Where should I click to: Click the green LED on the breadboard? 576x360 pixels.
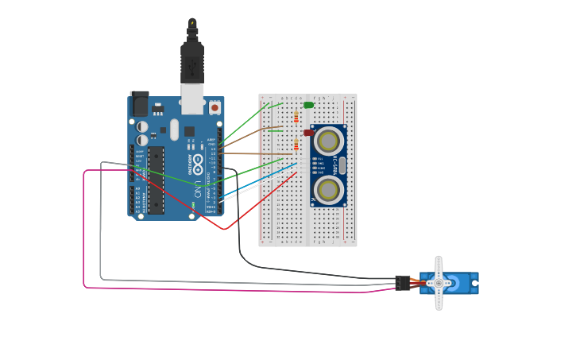[x=308, y=105]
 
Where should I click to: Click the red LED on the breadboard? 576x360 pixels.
[x=308, y=133]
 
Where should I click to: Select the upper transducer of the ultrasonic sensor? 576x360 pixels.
[x=328, y=141]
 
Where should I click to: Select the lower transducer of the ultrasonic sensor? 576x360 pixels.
[x=328, y=189]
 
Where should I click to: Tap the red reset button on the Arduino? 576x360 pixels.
[x=215, y=106]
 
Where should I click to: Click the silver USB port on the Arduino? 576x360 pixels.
[x=192, y=99]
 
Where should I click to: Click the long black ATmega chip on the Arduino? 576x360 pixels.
[x=156, y=180]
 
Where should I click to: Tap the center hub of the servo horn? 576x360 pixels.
[x=439, y=283]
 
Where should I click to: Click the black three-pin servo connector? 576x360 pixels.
[x=403, y=283]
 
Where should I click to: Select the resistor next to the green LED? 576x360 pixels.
[x=296, y=117]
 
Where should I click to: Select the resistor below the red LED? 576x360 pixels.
[x=296, y=145]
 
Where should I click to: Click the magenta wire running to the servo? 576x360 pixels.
[x=84, y=238]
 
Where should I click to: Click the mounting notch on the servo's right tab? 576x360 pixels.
[x=475, y=283]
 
